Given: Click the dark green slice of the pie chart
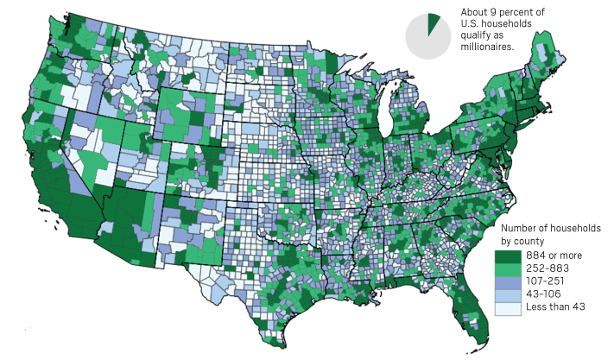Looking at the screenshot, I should click(x=434, y=23).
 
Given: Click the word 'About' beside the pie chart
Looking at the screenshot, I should click(x=473, y=12).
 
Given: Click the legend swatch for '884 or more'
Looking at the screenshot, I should click(x=506, y=257).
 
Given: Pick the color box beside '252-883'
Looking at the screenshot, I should click(x=506, y=270).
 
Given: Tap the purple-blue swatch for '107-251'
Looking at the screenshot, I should click(x=506, y=282).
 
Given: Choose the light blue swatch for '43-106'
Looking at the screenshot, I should click(x=506, y=295).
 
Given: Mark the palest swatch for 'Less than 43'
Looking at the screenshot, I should click(x=506, y=307).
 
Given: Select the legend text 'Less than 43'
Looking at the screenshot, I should click(x=554, y=307).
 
